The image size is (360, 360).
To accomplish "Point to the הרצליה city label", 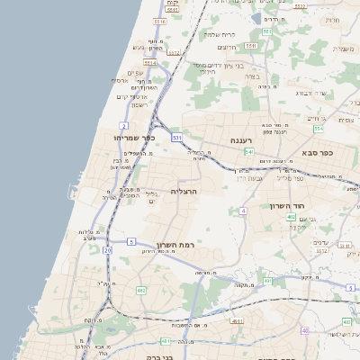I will tap(183, 192).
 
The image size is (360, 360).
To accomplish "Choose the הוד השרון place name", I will tap(289, 206).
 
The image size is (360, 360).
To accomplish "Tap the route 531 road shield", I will tap(177, 138).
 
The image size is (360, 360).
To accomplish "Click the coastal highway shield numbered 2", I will tap(124, 125).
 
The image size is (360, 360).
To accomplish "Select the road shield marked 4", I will tap(243, 211).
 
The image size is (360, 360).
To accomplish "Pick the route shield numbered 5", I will tap(131, 241).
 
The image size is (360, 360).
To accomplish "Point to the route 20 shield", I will tap(107, 250).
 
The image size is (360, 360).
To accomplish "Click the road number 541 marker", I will tap(249, 151).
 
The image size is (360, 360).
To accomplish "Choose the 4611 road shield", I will tap(238, 320).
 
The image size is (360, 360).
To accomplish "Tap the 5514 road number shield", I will tap(150, 63).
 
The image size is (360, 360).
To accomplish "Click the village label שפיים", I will tap(135, 73).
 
